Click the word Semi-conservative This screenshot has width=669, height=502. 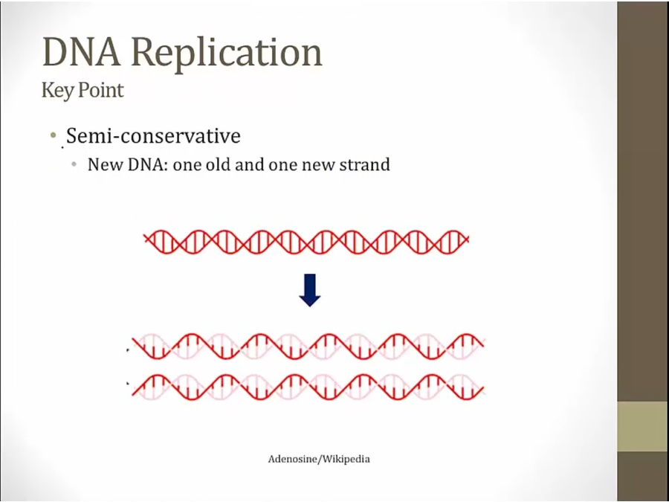[154, 136]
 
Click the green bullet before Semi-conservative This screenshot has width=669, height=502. [54, 136]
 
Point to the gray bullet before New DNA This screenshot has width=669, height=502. [74, 164]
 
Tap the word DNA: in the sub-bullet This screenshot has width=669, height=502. [148, 164]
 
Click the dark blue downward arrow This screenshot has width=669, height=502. [310, 290]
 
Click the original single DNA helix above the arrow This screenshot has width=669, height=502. [306, 242]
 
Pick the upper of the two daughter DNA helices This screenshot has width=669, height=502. [308, 346]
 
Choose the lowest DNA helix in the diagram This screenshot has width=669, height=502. [308, 387]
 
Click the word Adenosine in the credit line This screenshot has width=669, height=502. [293, 460]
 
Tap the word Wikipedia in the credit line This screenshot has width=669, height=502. [346, 460]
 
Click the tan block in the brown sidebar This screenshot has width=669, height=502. [643, 426]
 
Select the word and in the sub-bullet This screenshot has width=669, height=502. [250, 164]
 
